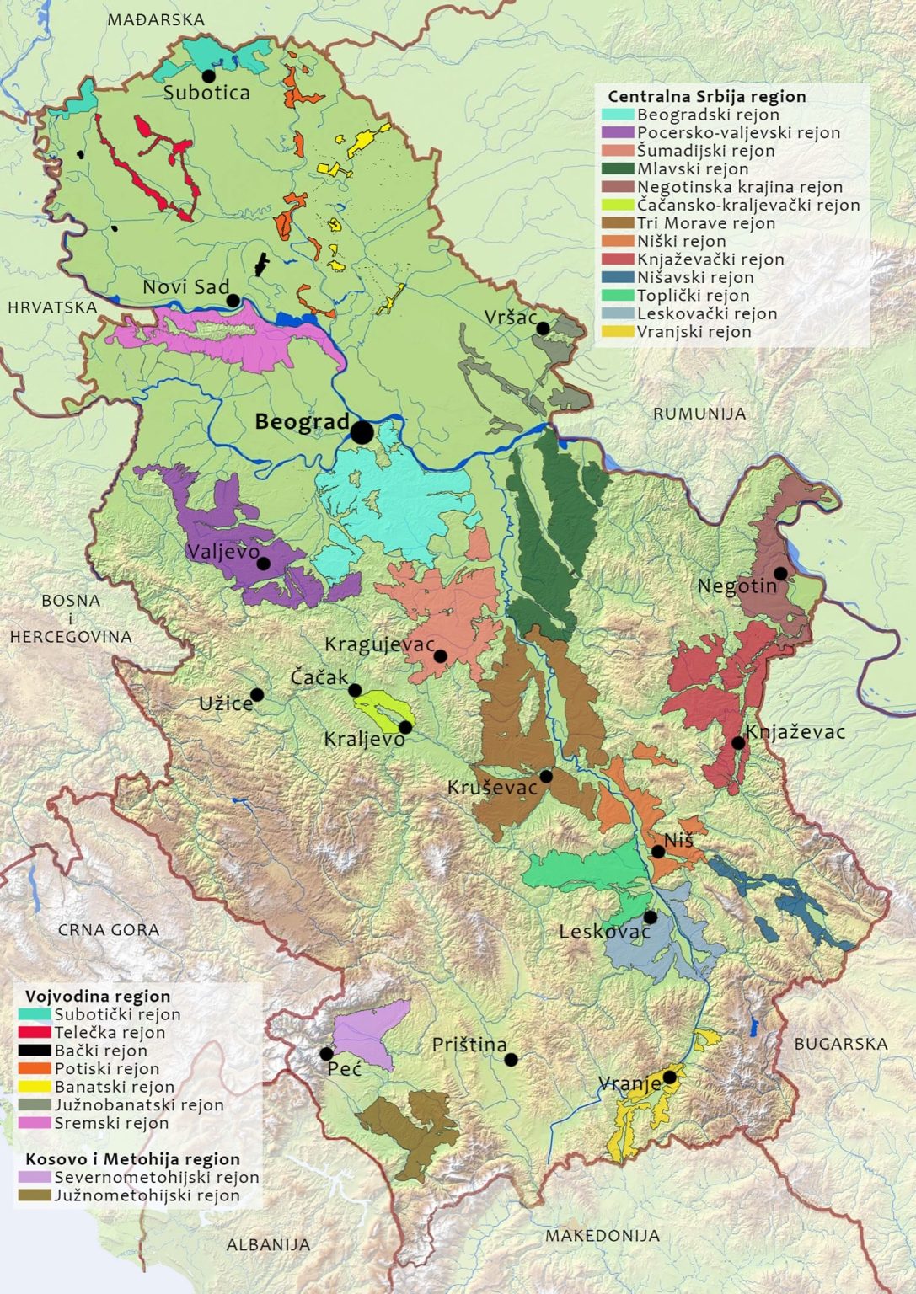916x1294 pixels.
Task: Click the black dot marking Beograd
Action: click(x=362, y=432)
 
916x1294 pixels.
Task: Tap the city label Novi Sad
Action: click(x=185, y=287)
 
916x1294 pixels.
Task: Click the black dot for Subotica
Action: click(x=209, y=76)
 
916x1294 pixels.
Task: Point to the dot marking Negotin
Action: click(x=781, y=573)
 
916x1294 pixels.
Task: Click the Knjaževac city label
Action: click(x=795, y=731)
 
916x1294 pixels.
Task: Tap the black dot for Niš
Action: click(x=658, y=852)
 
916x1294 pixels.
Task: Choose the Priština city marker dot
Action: click(x=511, y=1060)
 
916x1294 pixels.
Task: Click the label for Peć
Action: click(x=345, y=1069)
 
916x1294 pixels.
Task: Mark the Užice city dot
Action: click(x=257, y=695)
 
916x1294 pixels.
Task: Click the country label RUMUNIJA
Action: click(x=699, y=414)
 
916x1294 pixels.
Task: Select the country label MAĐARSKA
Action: click(x=156, y=20)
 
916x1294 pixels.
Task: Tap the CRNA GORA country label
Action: click(x=109, y=930)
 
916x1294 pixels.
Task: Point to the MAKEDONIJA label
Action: click(x=602, y=1236)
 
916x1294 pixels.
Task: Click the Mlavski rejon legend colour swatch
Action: click(x=618, y=169)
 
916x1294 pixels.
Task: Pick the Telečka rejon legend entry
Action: click(x=110, y=1033)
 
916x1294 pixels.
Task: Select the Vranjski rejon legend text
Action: click(x=694, y=332)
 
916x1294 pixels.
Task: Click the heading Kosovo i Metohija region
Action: click(x=132, y=1159)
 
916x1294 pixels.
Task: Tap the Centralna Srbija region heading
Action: click(x=706, y=97)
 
